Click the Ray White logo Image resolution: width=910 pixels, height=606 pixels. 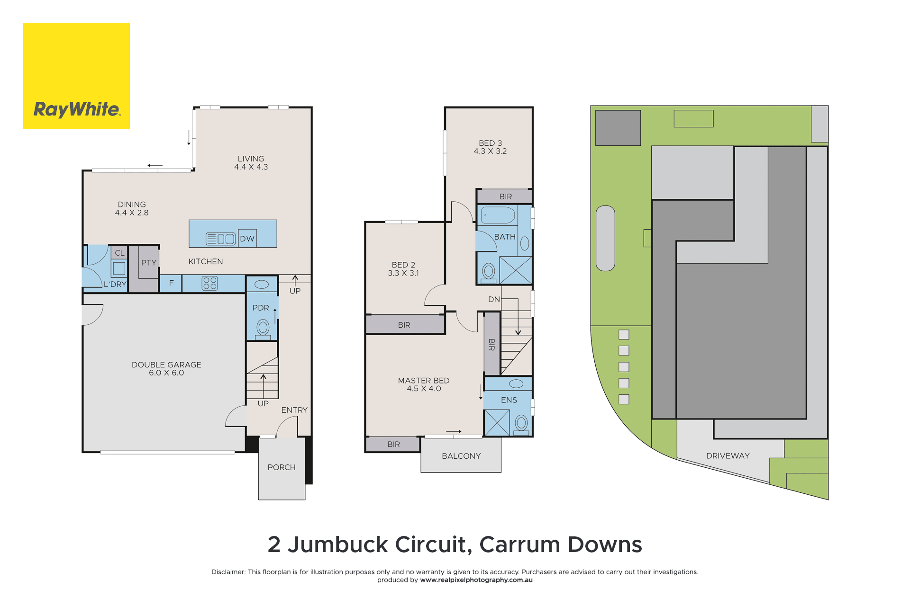76,76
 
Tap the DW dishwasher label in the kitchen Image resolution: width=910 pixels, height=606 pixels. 247,239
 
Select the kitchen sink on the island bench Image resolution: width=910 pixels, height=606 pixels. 221,239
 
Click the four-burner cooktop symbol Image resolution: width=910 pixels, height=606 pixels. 209,283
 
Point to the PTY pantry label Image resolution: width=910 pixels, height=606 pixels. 149,262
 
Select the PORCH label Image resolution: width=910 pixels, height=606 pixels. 282,467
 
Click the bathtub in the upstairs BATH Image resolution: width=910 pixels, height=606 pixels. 498,215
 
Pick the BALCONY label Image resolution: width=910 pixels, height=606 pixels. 461,456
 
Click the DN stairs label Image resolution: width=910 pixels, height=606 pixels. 494,299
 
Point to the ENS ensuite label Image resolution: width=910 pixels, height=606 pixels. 509,400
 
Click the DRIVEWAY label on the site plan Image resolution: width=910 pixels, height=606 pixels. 728,455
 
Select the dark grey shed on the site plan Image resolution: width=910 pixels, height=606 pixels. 618,128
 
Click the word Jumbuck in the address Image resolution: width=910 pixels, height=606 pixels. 338,544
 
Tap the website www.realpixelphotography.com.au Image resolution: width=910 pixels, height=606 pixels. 476,580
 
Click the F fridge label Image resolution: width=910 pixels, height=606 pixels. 172,283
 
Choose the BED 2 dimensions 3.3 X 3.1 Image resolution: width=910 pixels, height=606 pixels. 403,273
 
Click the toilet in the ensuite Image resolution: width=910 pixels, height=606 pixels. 521,423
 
